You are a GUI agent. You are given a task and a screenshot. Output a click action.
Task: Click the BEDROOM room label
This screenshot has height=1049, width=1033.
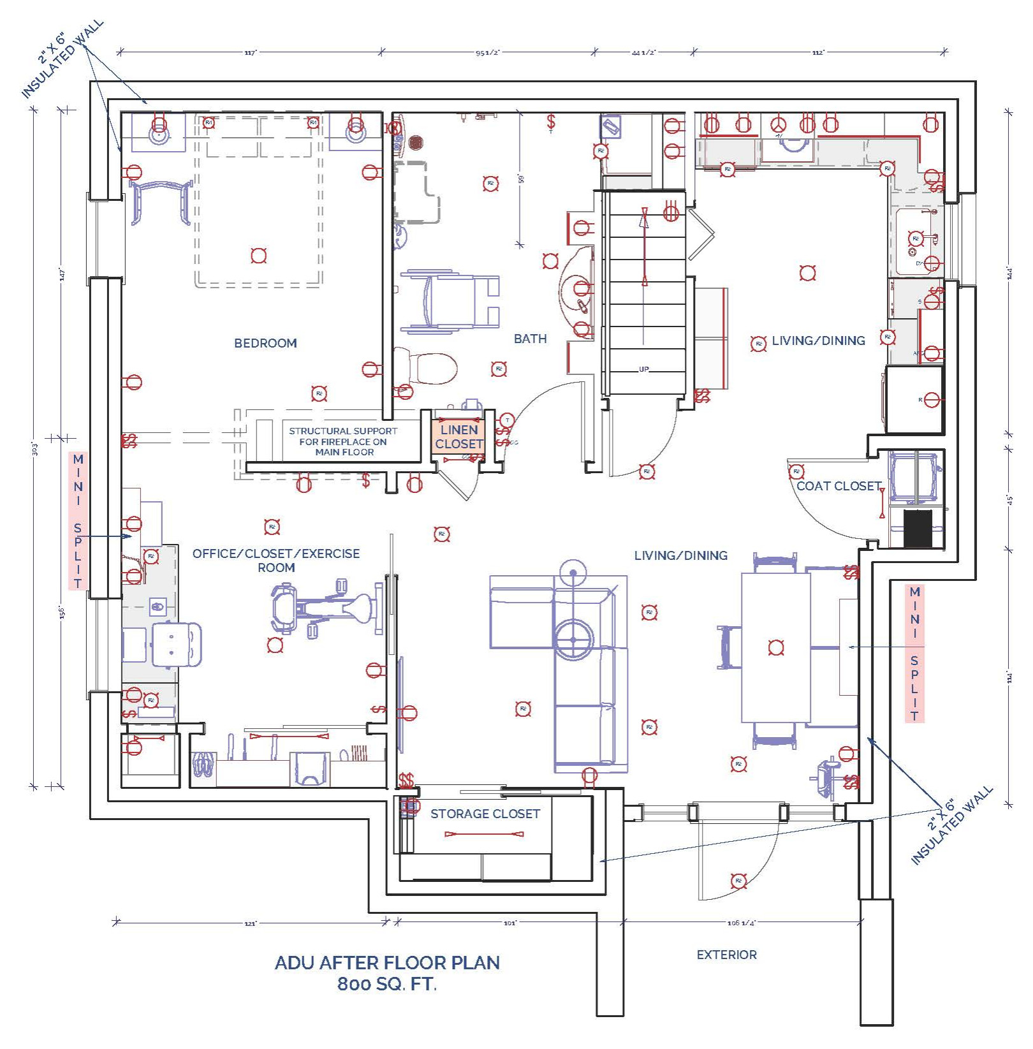(265, 343)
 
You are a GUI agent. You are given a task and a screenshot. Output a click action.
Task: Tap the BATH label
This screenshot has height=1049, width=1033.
(530, 339)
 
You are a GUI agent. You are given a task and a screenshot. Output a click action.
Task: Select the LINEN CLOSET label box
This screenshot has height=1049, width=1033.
(458, 437)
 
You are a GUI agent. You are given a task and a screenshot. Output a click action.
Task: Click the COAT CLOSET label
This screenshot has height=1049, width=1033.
(839, 486)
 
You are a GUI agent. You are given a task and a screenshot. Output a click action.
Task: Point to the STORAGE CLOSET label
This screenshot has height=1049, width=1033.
(485, 814)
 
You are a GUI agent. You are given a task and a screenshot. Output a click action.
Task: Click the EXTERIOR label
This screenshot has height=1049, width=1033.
(726, 955)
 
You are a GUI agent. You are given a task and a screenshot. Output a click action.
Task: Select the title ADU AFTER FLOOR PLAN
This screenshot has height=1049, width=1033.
(387, 963)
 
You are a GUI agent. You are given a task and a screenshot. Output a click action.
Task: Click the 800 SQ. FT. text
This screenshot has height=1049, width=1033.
(387, 984)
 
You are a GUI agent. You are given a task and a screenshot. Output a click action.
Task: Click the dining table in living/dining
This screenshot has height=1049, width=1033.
(775, 647)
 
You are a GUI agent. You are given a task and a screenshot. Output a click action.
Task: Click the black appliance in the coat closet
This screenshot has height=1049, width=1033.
(918, 528)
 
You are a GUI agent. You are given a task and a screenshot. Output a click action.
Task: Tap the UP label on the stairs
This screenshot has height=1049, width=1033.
(644, 369)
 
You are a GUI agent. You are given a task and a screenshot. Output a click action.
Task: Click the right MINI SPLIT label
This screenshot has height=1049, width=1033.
(914, 653)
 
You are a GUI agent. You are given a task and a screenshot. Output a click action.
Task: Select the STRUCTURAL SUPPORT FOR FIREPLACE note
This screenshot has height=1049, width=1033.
(344, 441)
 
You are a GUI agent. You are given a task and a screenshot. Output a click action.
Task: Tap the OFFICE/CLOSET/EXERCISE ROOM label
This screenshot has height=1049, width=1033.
(276, 560)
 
